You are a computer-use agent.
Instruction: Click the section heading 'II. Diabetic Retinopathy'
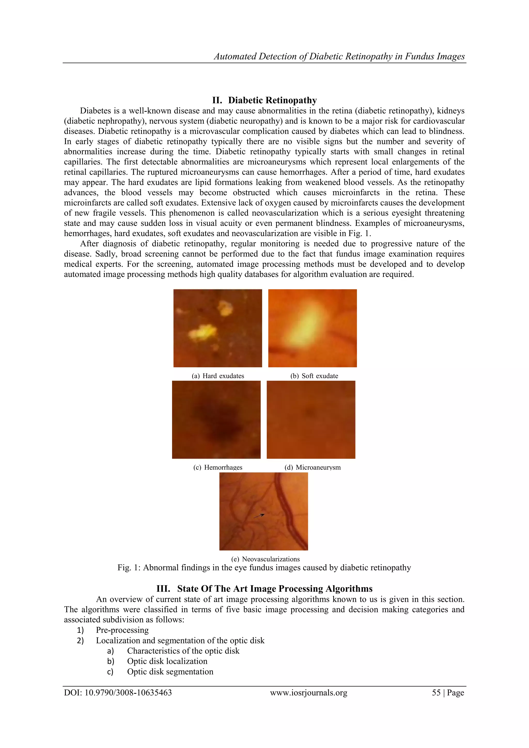264,100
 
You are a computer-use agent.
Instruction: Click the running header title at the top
339,56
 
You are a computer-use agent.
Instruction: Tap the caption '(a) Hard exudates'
218,376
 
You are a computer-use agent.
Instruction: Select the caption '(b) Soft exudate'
314,376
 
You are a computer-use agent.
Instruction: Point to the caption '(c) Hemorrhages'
218,467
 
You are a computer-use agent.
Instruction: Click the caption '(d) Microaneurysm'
312,467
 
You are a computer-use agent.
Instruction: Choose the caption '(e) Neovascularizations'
265,559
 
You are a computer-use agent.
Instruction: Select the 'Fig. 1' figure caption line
264,568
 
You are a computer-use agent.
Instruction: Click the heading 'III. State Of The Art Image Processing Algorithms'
264,589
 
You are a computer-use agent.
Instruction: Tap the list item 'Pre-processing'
122,630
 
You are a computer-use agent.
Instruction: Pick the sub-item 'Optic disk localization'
167,661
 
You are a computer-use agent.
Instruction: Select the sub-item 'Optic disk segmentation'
170,672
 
